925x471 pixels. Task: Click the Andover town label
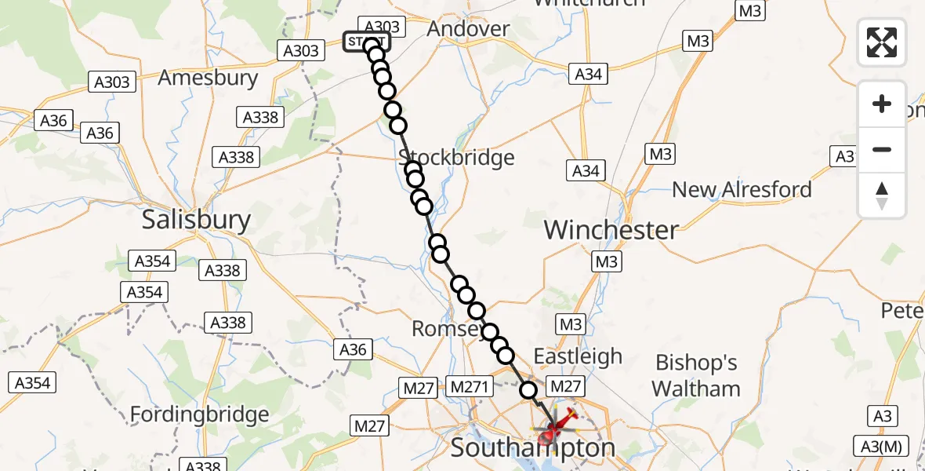point(468,29)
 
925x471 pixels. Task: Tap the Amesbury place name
point(208,78)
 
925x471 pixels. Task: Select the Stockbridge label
point(457,157)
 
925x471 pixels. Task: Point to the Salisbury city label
point(196,220)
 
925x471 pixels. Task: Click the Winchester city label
point(611,230)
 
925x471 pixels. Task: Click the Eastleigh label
point(578,356)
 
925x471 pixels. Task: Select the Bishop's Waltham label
point(696,376)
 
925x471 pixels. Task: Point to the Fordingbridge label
point(199,414)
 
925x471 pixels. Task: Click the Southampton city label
point(533,449)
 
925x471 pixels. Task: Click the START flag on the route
point(365,42)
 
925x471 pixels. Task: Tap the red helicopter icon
point(554,428)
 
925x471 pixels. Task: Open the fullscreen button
point(882,42)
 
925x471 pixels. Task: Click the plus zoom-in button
point(882,104)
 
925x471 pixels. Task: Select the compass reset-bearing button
point(882,195)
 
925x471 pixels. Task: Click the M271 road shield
point(469,386)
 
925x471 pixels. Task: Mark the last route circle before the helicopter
point(529,389)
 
